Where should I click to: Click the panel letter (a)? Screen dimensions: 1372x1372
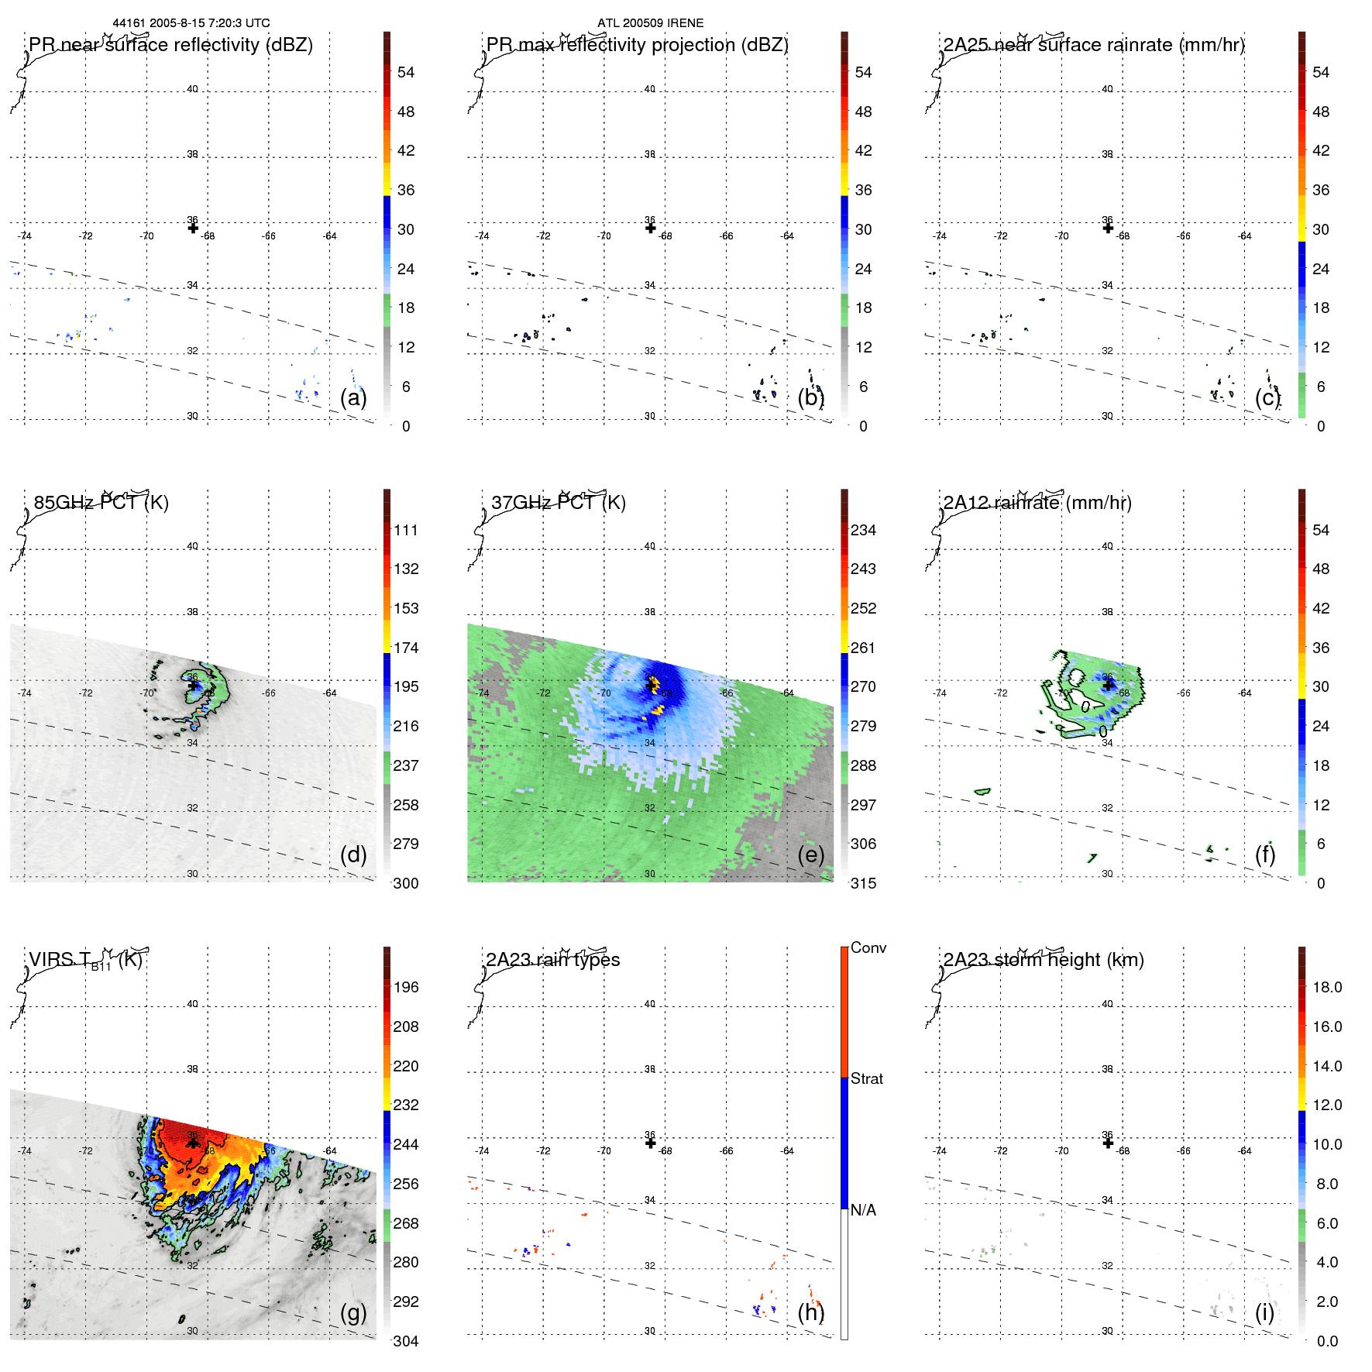click(353, 398)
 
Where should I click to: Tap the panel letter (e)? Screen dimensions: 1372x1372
click(811, 855)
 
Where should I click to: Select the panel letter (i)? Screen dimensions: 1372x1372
click(1265, 1312)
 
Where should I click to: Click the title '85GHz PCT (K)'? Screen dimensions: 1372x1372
click(101, 503)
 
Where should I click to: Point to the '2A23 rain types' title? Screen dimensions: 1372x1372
click(552, 960)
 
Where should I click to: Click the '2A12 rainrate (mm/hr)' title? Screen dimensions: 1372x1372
click(1037, 503)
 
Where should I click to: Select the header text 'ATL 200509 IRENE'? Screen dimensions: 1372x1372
click(650, 23)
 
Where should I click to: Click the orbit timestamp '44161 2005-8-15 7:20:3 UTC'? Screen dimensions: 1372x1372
click(191, 23)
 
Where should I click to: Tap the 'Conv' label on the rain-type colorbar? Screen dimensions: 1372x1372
click(868, 947)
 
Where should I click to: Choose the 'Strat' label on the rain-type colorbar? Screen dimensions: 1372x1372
click(867, 1078)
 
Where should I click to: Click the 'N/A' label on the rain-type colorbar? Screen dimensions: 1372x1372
click(863, 1210)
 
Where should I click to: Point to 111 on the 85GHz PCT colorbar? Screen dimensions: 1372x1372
click(406, 530)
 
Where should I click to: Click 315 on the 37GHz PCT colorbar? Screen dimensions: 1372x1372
click(863, 883)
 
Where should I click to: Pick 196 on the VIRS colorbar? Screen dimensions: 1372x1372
click(406, 987)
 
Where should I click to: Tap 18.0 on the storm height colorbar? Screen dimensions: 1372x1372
click(1327, 987)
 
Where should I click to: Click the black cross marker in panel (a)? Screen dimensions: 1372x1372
click(193, 228)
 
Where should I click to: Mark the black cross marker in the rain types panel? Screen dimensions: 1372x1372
click(651, 1143)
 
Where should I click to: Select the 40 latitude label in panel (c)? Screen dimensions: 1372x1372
click(1107, 89)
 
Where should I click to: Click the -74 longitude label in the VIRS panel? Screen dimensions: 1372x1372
click(25, 1150)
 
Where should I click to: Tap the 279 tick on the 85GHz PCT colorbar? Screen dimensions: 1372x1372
click(406, 844)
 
